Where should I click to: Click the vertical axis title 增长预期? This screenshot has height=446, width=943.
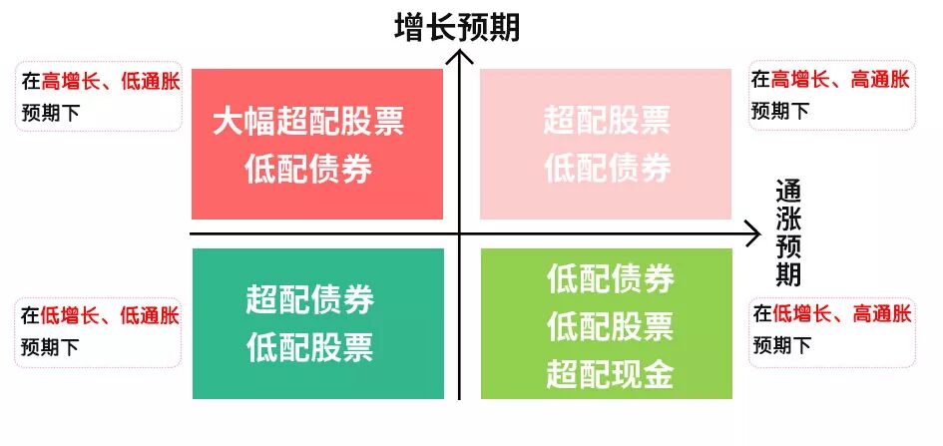click(x=458, y=27)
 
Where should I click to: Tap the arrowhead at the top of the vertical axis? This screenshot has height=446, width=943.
click(x=459, y=56)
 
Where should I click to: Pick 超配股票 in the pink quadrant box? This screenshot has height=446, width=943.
click(x=607, y=122)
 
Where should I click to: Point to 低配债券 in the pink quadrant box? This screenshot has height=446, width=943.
click(x=607, y=168)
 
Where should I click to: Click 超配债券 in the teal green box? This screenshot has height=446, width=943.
click(x=309, y=299)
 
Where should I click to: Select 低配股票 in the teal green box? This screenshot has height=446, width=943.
click(x=309, y=346)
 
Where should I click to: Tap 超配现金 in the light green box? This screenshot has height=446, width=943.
click(x=610, y=374)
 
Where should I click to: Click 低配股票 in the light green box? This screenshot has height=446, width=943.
click(x=610, y=326)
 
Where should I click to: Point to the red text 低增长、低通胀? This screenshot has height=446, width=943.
click(x=110, y=316)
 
